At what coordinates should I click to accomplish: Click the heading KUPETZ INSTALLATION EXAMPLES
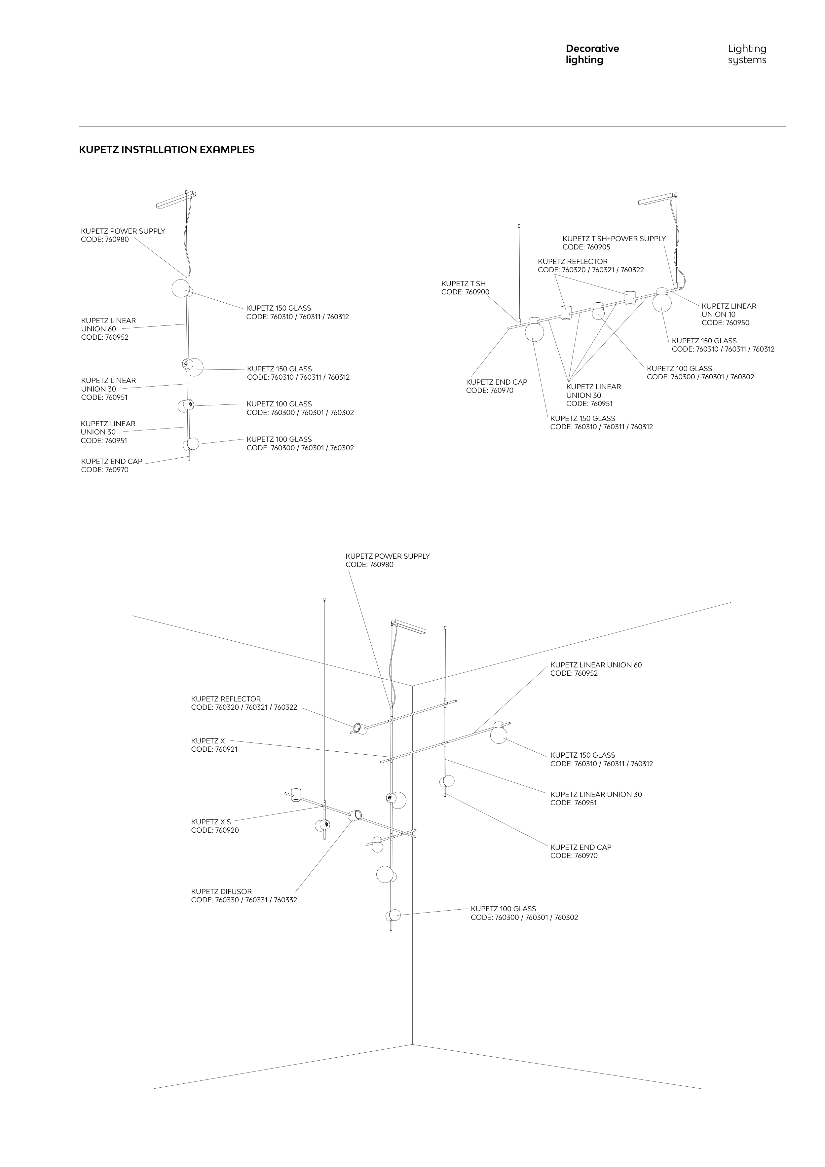pos(167,150)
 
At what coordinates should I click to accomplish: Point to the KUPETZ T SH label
pos(463,283)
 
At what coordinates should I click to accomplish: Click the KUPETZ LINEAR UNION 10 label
pos(729,310)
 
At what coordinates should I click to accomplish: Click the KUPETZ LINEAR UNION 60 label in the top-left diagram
pos(108,325)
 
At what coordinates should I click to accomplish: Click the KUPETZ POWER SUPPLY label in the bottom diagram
pos(387,556)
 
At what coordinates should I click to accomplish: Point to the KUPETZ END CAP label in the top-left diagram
pos(111,462)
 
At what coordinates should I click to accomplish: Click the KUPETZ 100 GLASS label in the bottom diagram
pos(503,909)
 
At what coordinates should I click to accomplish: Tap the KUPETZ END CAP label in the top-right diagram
pos(496,382)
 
